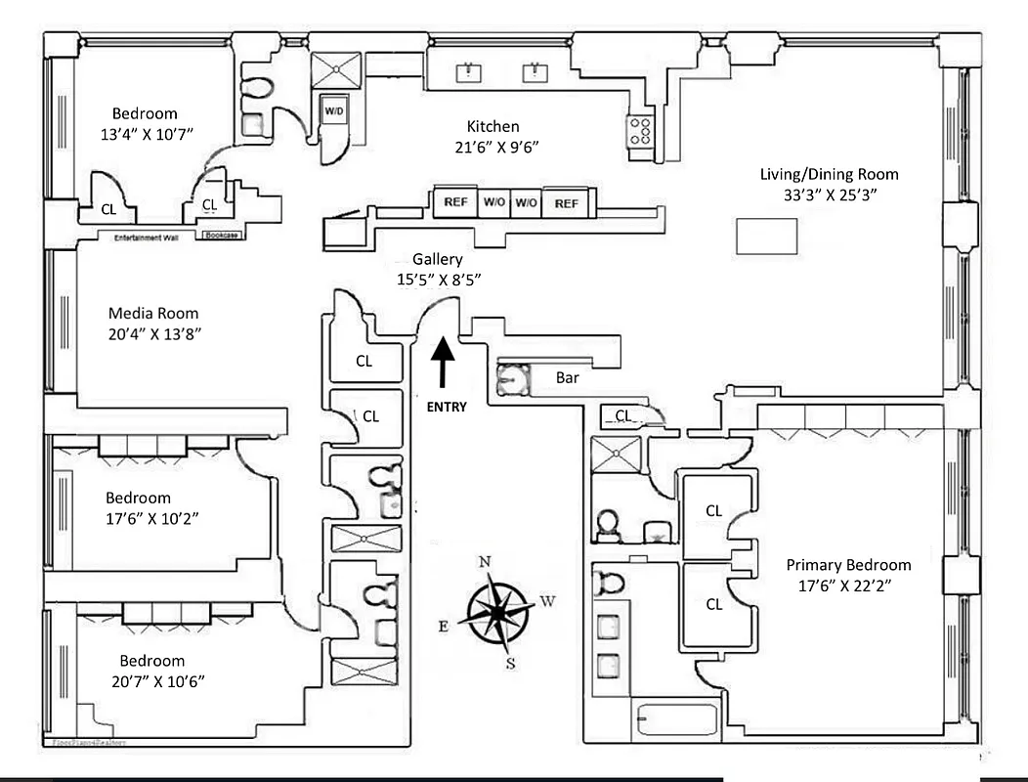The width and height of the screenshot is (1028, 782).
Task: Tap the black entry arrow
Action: [x=443, y=364]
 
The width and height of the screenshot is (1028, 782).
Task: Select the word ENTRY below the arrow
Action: [x=447, y=407]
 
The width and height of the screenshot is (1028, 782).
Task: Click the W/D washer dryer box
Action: [x=334, y=111]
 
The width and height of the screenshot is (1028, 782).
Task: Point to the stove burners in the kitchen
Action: [x=641, y=131]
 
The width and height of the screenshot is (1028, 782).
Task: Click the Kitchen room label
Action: [x=493, y=126]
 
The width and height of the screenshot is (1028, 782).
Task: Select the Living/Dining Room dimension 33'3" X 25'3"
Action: [x=829, y=194]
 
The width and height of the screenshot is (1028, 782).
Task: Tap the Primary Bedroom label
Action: [x=848, y=565]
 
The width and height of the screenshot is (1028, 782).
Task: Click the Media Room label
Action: [x=152, y=314]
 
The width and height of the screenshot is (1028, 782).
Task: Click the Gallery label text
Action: [x=437, y=260]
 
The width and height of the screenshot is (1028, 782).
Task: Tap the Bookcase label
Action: [x=223, y=236]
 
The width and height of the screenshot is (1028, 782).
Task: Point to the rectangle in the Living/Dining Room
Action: [x=766, y=237]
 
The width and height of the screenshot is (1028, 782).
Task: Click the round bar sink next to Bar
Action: [x=513, y=379]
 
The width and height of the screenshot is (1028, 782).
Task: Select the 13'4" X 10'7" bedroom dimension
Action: [x=156, y=132]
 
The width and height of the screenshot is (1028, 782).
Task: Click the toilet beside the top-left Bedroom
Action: [x=256, y=90]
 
